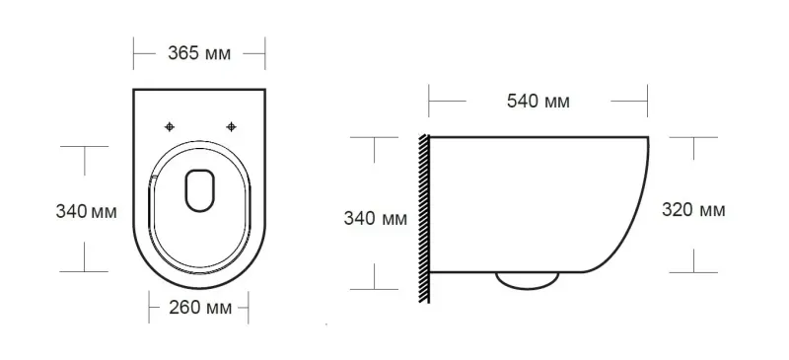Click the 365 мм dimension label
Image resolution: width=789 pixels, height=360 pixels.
tap(199, 53)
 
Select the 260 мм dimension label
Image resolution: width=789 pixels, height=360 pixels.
tap(200, 307)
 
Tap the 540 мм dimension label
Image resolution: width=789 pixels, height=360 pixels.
tap(538, 102)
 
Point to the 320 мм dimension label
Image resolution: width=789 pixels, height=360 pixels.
tap(693, 209)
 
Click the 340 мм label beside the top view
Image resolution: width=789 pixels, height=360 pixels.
tap(86, 211)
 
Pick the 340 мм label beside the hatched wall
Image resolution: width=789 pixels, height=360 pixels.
tap(376, 219)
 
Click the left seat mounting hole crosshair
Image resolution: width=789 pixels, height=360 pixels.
tap(170, 127)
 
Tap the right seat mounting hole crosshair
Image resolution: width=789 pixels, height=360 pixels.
tap(231, 126)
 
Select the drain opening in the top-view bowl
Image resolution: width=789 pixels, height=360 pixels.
tap(200, 189)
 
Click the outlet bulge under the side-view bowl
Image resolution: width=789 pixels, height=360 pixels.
tap(527, 281)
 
